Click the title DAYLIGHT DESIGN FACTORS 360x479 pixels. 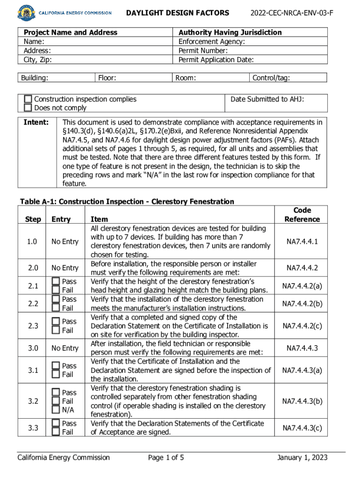[x=178, y=13]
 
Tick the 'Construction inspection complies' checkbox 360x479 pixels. [x=29, y=99]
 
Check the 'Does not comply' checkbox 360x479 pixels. [x=29, y=108]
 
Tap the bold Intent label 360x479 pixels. [x=36, y=122]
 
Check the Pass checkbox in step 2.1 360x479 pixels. [x=56, y=281]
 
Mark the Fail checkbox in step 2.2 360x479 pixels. [x=56, y=308]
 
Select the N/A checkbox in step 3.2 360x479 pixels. [x=56, y=410]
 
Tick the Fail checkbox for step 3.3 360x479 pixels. [x=56, y=432]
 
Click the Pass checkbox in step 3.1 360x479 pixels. [x=56, y=366]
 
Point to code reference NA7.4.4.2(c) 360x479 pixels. [x=302, y=326]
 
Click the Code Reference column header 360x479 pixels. [x=302, y=215]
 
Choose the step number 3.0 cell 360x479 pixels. [x=33, y=348]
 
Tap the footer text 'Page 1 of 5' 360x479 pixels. [x=166, y=457]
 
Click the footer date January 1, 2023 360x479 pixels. [x=302, y=457]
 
